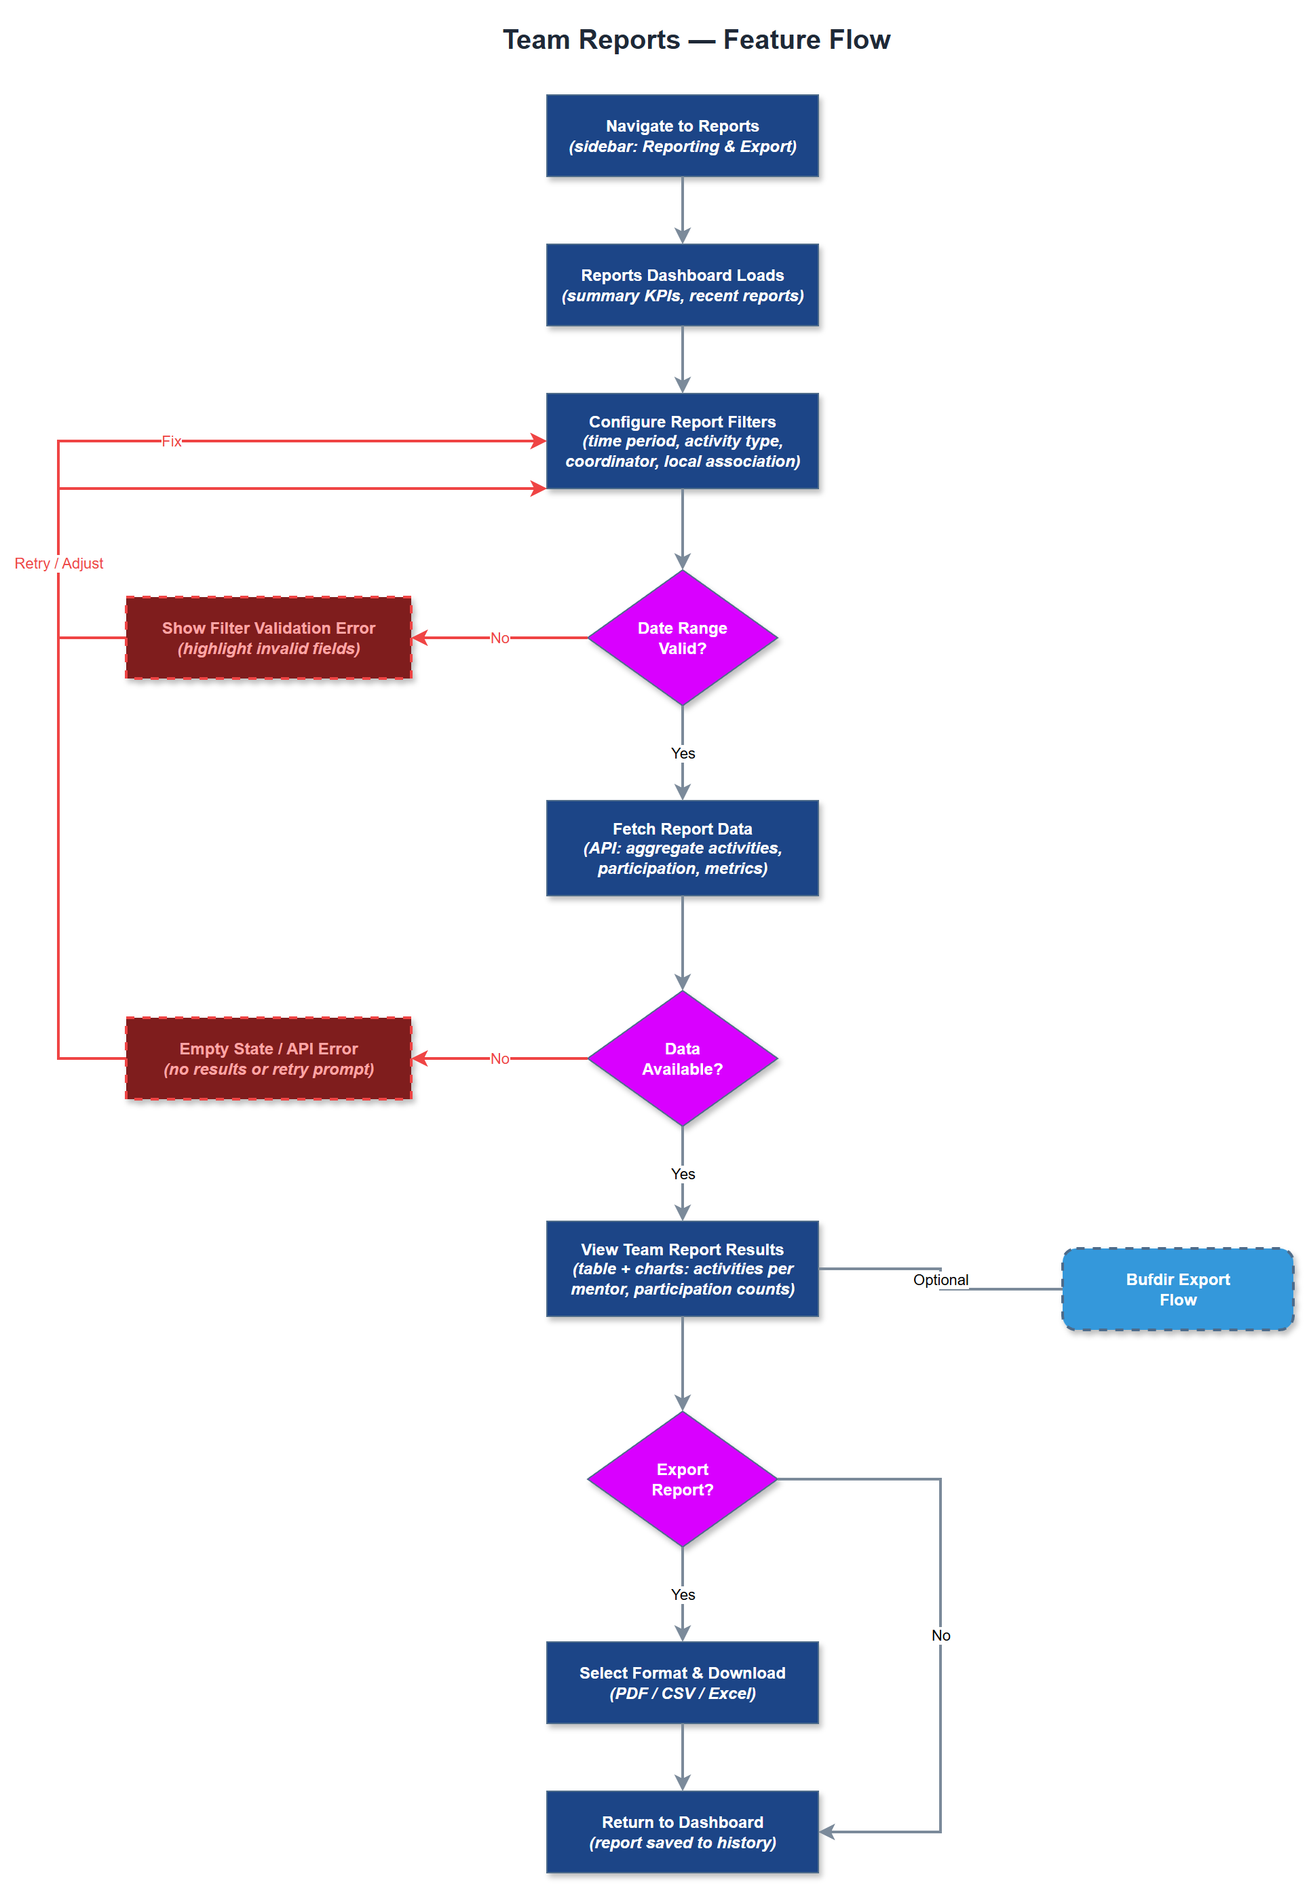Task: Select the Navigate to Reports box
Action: (x=682, y=136)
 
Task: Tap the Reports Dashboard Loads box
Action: (x=682, y=285)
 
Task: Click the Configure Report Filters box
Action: (x=682, y=441)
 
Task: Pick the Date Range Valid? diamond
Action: (x=682, y=638)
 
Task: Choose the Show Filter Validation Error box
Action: (x=268, y=638)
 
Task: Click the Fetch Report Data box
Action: (x=682, y=848)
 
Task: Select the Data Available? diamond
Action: (x=682, y=1058)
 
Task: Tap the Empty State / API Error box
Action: (x=268, y=1058)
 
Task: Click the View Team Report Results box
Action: (x=682, y=1269)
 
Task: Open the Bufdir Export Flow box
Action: (x=1177, y=1289)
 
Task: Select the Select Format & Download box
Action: (x=682, y=1683)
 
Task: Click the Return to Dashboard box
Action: (x=682, y=1832)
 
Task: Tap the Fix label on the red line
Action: (x=171, y=441)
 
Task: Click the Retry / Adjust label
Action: (x=59, y=563)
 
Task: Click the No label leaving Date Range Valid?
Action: (x=499, y=638)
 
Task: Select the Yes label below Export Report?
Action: (x=683, y=1594)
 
